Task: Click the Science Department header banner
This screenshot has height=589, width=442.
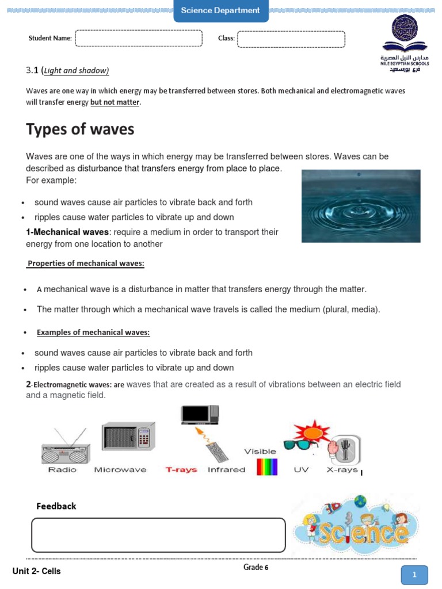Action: click(x=220, y=10)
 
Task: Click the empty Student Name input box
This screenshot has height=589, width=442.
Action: click(x=139, y=39)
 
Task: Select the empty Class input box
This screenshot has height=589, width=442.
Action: click(x=291, y=39)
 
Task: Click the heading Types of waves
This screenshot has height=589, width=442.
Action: click(x=80, y=129)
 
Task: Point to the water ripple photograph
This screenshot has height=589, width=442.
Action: click(x=360, y=205)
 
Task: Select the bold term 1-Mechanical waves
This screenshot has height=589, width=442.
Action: click(x=67, y=232)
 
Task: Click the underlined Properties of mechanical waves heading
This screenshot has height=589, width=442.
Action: click(x=86, y=263)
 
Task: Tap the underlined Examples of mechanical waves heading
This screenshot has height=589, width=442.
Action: click(x=93, y=332)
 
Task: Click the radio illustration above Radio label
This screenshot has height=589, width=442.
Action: click(x=66, y=448)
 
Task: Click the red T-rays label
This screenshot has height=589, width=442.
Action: click(x=181, y=470)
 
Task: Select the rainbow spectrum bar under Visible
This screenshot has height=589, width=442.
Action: click(x=267, y=466)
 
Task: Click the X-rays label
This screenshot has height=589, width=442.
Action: click(x=342, y=470)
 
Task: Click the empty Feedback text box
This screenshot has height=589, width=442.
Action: click(x=158, y=535)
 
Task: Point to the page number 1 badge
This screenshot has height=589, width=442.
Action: click(x=414, y=574)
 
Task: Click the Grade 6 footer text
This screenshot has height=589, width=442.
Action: click(x=256, y=568)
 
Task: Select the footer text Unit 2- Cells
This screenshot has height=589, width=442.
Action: click(x=36, y=571)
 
